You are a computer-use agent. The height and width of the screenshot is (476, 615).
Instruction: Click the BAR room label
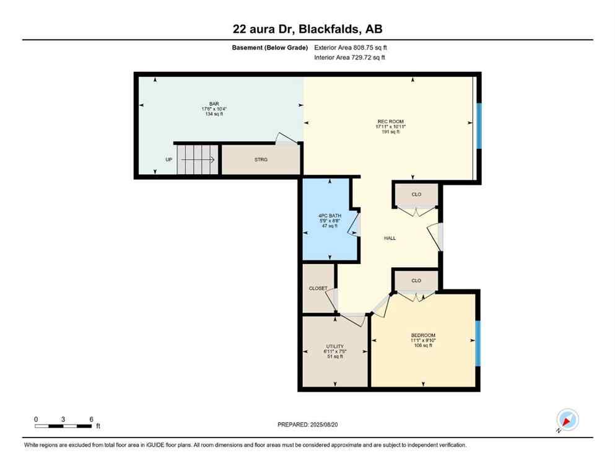click(214, 104)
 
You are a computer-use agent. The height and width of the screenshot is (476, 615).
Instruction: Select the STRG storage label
click(261, 160)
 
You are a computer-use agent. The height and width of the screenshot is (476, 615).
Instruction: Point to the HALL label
click(390, 238)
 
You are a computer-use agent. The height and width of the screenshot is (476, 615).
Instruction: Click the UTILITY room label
click(335, 346)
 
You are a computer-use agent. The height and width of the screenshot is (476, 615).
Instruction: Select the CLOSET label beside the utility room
click(318, 288)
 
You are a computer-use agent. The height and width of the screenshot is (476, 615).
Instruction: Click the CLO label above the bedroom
click(416, 281)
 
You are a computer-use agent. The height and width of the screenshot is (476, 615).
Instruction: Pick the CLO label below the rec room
click(416, 195)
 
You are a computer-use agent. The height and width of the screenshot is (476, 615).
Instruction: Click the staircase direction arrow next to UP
click(198, 160)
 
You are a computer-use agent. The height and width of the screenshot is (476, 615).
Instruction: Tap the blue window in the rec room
click(479, 126)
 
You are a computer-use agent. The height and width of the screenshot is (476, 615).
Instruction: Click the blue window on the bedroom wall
click(477, 343)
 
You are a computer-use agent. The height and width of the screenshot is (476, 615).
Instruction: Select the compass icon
click(567, 420)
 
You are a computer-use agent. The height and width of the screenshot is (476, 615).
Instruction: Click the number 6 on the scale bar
click(91, 419)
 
